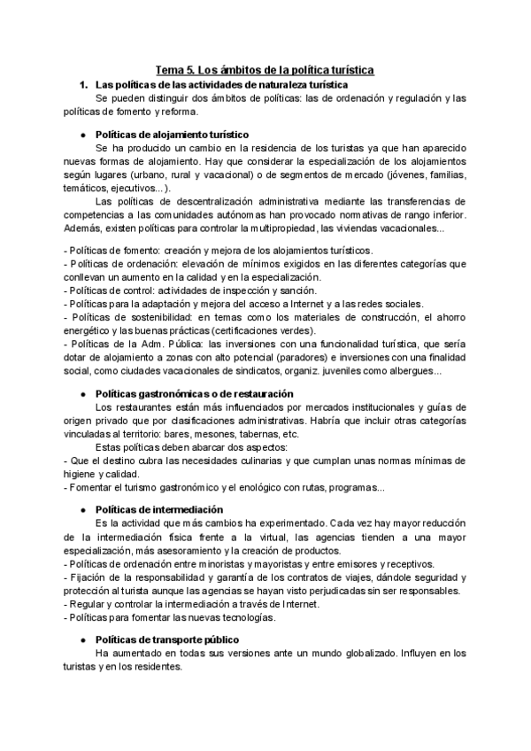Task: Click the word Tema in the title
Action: tap(170, 68)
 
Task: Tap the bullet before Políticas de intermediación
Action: tap(82, 509)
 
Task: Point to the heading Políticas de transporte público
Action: tap(165, 640)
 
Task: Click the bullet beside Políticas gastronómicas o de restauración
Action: tap(82, 393)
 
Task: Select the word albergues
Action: tap(411, 371)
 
